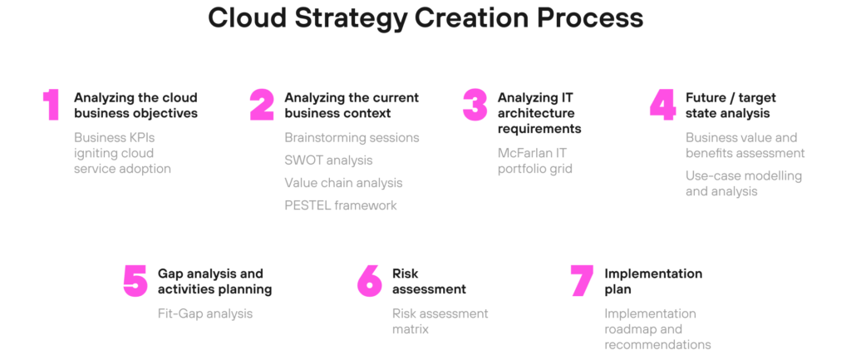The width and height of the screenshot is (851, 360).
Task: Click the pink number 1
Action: (52, 106)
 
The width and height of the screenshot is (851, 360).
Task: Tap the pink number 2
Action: (262, 106)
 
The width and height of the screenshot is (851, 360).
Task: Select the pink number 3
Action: (475, 106)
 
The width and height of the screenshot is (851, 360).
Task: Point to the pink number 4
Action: (662, 106)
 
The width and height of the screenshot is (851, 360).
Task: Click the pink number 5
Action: (135, 281)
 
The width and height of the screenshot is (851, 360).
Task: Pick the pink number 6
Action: (370, 281)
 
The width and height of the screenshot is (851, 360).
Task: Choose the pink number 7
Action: (583, 281)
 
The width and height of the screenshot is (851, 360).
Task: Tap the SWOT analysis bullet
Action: (328, 160)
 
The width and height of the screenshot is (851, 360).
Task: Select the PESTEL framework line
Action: (340, 205)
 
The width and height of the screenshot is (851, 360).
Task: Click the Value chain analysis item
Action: (343, 183)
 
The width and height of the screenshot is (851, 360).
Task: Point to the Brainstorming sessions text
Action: (352, 138)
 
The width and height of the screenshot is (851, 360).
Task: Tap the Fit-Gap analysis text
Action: (205, 313)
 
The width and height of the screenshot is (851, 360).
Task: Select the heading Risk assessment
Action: (429, 281)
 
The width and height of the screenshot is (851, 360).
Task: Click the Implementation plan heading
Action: (653, 281)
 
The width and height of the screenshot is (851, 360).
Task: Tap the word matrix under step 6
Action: (411, 329)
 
